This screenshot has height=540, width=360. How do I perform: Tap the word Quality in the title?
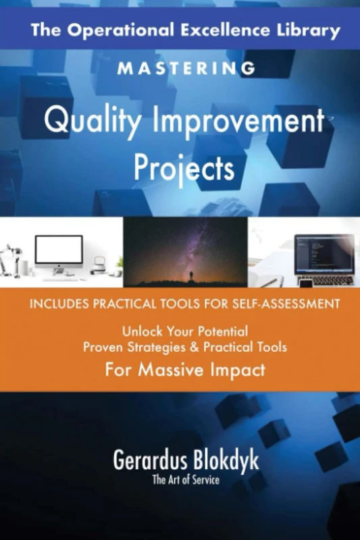(x=87, y=124)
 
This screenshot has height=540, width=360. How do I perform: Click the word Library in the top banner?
(x=308, y=31)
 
